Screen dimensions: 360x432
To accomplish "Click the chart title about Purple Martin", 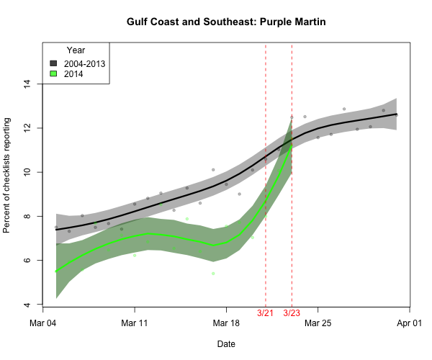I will [x=227, y=22].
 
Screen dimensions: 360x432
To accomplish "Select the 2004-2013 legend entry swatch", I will [x=54, y=63].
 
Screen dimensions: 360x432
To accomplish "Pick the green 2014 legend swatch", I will [x=54, y=73].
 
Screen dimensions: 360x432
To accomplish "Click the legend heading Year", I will [x=76, y=50].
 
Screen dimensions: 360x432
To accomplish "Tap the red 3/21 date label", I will [x=266, y=313].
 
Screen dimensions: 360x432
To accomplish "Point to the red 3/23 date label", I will [x=292, y=313].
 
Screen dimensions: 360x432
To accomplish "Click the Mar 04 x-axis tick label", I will [x=42, y=323].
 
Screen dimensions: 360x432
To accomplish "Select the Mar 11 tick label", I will [x=135, y=323].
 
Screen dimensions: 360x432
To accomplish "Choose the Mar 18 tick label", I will [x=227, y=323].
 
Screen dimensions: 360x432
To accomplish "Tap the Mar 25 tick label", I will [x=318, y=323].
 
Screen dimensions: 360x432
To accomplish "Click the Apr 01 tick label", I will [x=410, y=323].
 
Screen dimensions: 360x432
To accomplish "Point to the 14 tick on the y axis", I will [x=27, y=84].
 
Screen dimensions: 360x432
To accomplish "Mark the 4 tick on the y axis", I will [x=27, y=305].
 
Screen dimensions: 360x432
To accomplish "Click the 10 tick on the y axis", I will [x=27, y=172].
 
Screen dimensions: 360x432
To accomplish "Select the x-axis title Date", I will [x=226, y=344].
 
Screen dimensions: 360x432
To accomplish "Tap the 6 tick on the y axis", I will [x=27, y=261].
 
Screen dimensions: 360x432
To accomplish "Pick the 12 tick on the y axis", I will [x=27, y=127].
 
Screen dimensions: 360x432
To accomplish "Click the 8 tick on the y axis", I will [x=27, y=216].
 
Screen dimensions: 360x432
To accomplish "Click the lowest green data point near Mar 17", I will [x=213, y=274].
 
